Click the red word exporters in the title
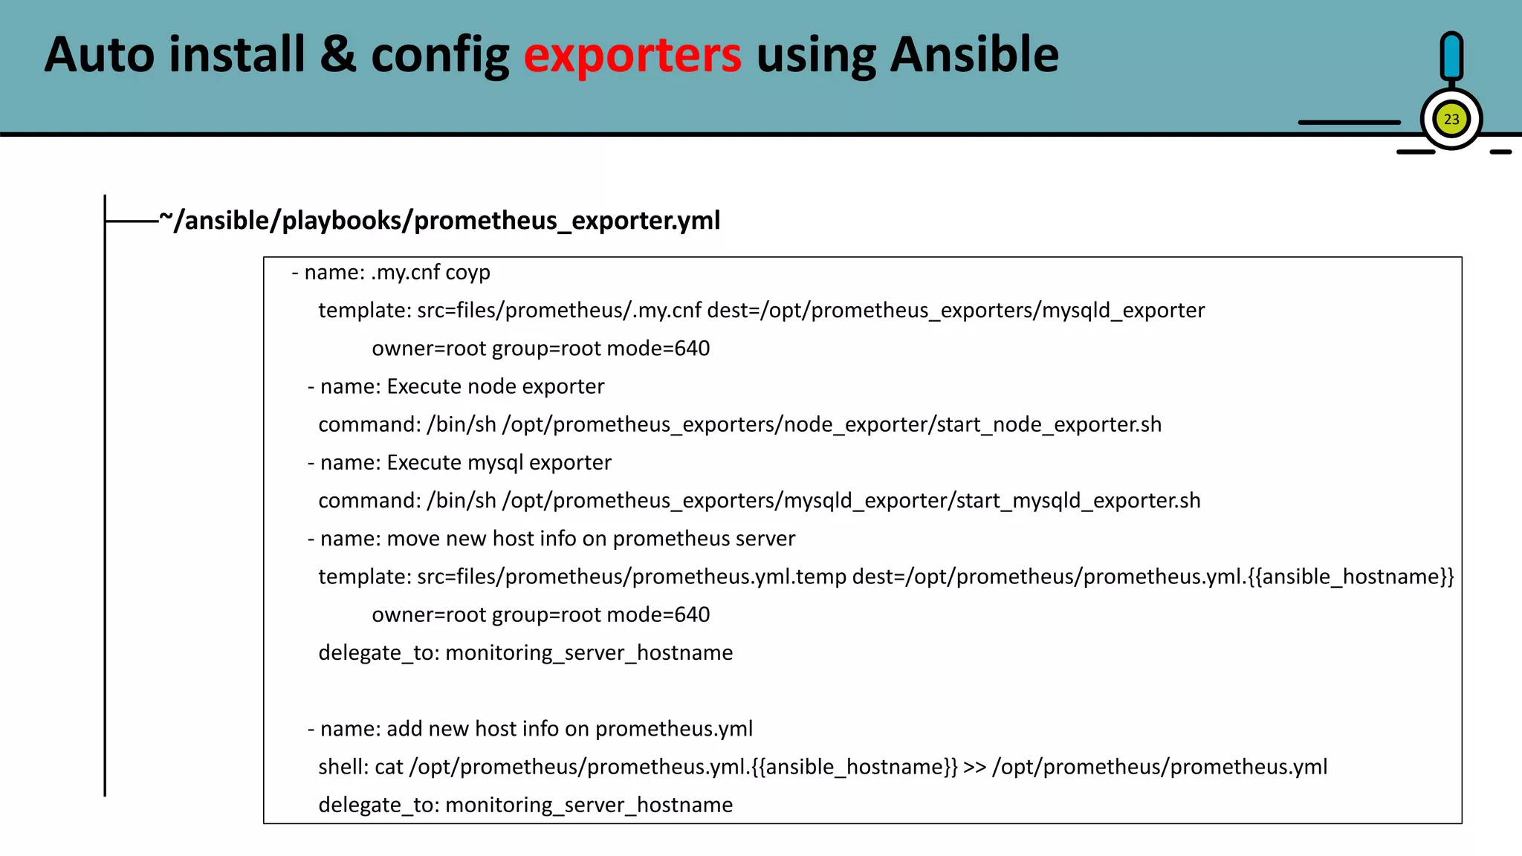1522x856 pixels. (x=632, y=56)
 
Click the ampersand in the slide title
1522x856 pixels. (x=338, y=56)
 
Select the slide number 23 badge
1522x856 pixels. (x=1451, y=120)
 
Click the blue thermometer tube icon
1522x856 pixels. (x=1451, y=56)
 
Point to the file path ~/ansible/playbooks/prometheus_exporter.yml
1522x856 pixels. (x=440, y=221)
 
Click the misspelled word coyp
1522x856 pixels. (x=467, y=273)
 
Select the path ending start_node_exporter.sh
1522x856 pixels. (x=832, y=424)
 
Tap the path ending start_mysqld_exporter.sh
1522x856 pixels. (x=851, y=501)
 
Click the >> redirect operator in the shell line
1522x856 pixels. (x=974, y=767)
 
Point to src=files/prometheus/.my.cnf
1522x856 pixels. (x=559, y=311)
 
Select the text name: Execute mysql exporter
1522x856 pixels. (x=465, y=462)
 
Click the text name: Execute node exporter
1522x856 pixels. (x=462, y=386)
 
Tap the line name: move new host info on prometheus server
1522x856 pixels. (x=557, y=539)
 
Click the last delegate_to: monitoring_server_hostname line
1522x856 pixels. (x=525, y=805)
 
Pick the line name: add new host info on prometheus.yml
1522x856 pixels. (x=536, y=729)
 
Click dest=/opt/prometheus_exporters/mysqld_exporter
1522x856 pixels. (x=956, y=311)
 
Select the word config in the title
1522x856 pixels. (x=440, y=56)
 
